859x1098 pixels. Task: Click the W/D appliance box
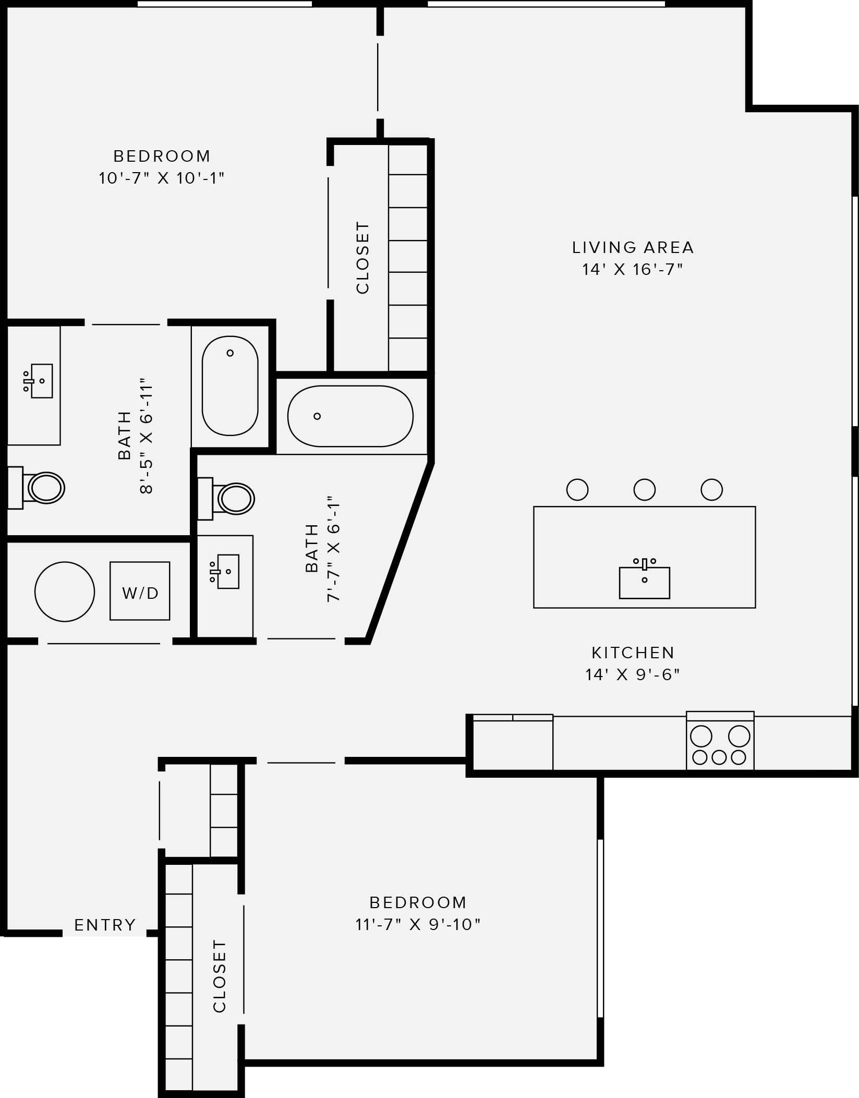[140, 591]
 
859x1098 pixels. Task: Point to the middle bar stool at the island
[645, 489]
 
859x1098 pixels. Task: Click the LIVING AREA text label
[633, 247]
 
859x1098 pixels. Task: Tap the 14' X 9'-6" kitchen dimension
[633, 674]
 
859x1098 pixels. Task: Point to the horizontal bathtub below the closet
[350, 416]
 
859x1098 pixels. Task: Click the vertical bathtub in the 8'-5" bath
[230, 385]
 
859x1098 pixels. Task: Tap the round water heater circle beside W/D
[65, 592]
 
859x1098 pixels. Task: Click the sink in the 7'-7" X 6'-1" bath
[227, 572]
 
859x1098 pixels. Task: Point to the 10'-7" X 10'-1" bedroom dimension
[161, 178]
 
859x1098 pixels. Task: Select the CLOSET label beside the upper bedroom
[362, 258]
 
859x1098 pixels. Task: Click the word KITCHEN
[633, 653]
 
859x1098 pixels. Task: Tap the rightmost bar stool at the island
[711, 489]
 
